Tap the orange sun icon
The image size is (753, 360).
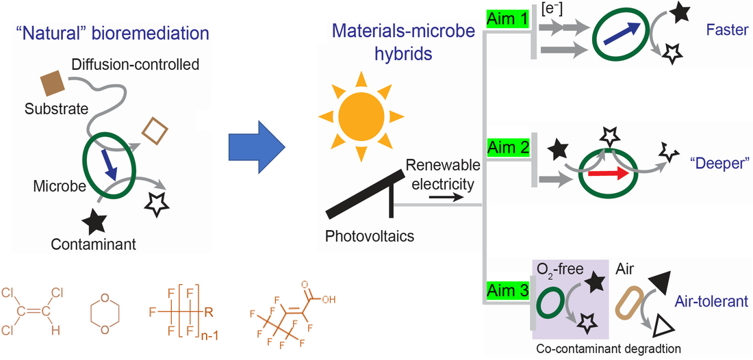[361, 114]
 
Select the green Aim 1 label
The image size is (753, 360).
[507, 19]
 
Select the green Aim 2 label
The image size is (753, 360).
[507, 146]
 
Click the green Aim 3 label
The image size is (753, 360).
[507, 290]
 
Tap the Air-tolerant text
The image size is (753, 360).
[711, 301]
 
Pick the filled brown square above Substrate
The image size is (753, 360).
[53, 83]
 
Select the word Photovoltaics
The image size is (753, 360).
[370, 237]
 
